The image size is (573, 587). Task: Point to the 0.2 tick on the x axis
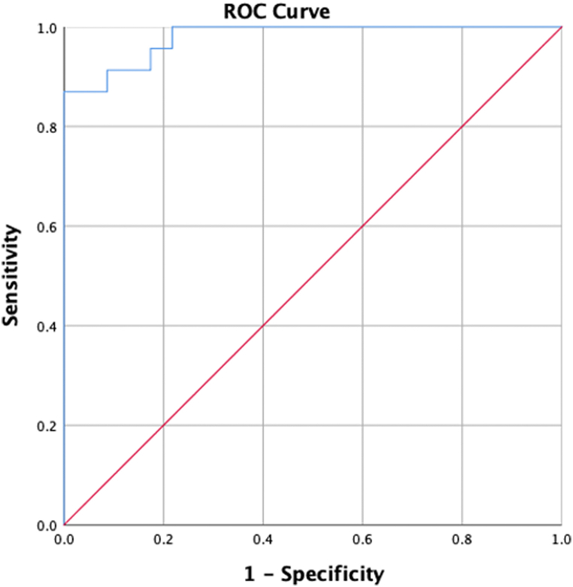click(x=163, y=539)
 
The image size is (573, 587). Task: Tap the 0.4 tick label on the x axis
click(x=262, y=539)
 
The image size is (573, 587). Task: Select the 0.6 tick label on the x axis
click(x=362, y=539)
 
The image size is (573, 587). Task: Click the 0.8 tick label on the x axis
click(x=462, y=539)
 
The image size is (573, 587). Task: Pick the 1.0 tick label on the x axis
click(x=561, y=539)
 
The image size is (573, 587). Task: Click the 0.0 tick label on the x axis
click(x=64, y=539)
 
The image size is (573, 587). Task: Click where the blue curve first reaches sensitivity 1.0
click(x=172, y=28)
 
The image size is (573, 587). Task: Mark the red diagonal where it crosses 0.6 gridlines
click(x=362, y=226)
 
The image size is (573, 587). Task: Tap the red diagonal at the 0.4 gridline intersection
click(x=262, y=326)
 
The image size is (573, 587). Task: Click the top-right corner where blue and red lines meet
click(x=561, y=28)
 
